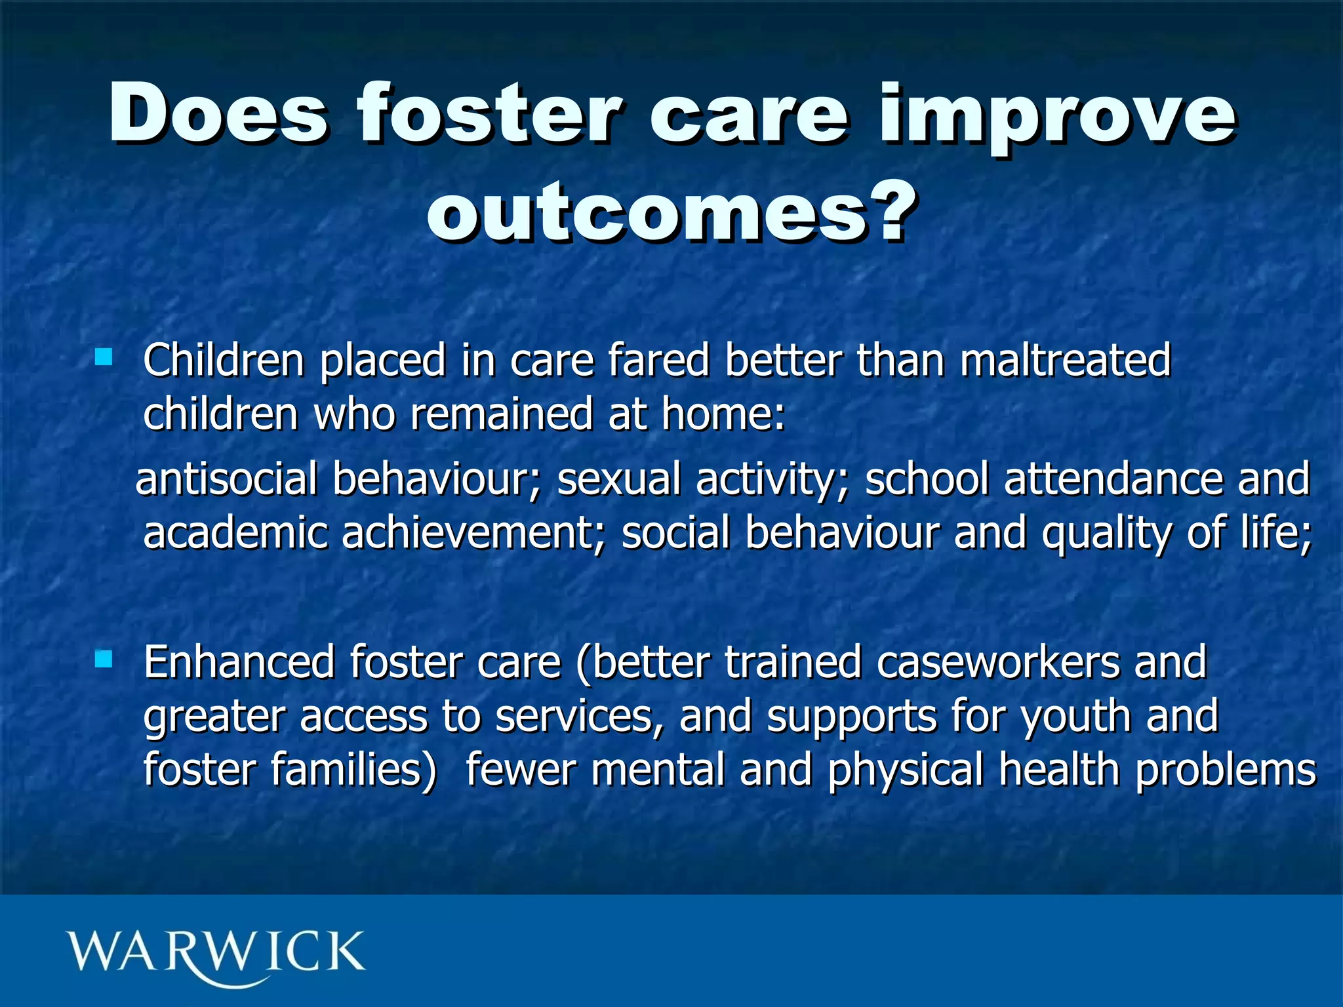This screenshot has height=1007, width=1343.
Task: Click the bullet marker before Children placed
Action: [x=104, y=357]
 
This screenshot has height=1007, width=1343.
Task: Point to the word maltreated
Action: [x=1065, y=360]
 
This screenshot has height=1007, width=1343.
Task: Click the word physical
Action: [x=906, y=770]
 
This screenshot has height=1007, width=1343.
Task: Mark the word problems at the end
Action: [x=1225, y=770]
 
